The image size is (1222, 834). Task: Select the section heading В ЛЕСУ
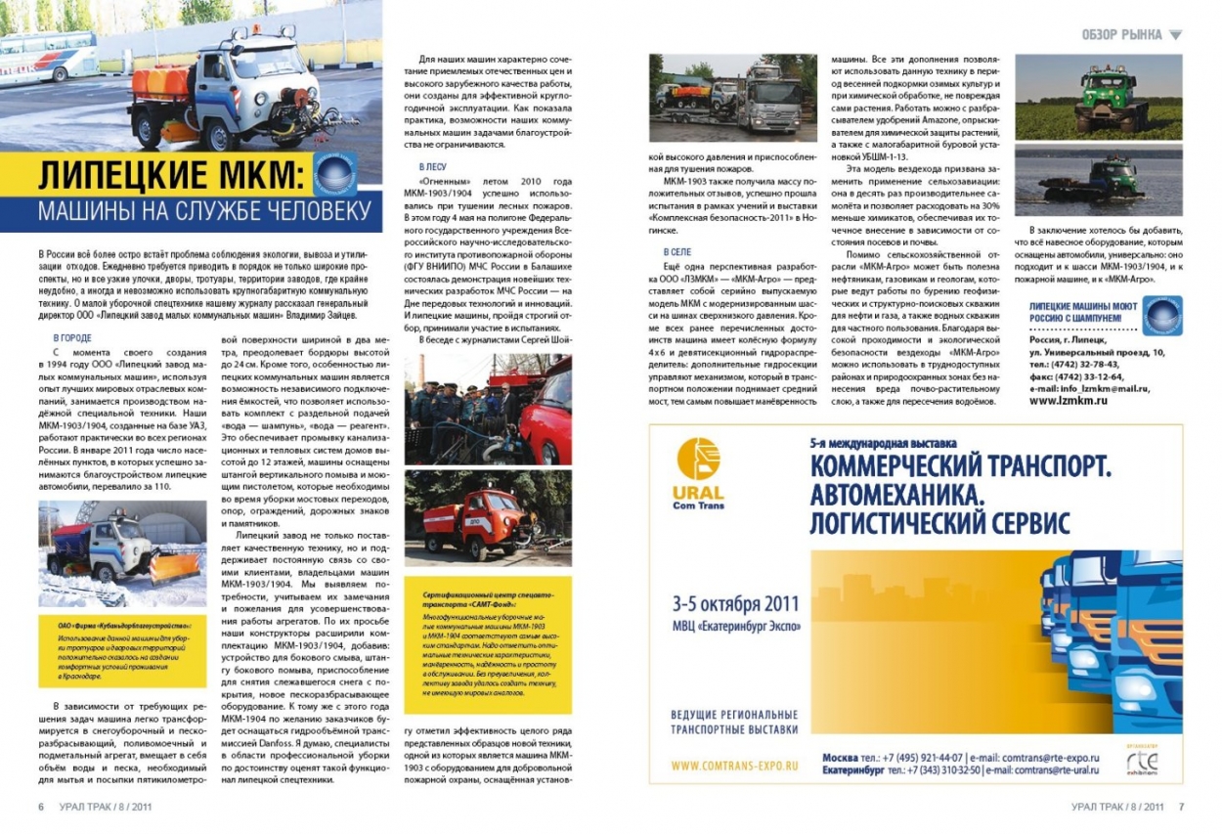coord(431,167)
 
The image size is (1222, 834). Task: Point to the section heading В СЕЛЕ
coord(676,252)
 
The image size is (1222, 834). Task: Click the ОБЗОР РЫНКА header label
coord(1121,35)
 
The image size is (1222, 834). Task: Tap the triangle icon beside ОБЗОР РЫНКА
coord(1175,35)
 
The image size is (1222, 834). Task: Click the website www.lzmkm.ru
coord(1068,400)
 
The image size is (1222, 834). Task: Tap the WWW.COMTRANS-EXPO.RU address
coord(736,765)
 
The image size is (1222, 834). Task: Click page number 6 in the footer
coord(41,808)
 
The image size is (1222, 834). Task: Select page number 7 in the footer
coord(1181,808)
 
